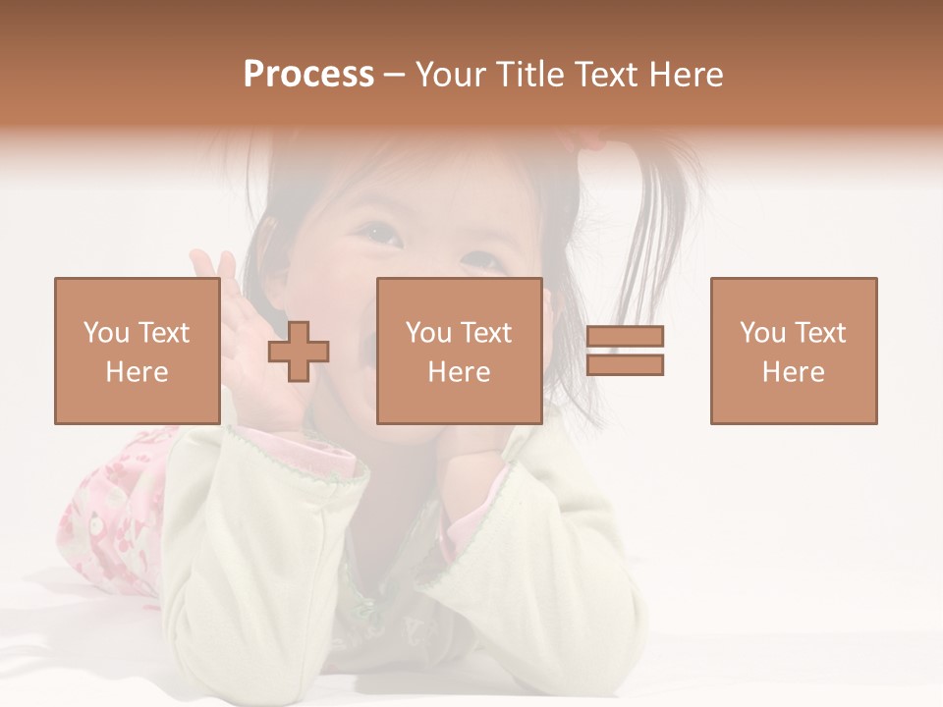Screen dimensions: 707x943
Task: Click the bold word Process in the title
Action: (x=308, y=75)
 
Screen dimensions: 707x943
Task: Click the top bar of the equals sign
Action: (x=625, y=337)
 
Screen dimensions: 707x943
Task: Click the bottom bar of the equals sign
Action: (x=625, y=365)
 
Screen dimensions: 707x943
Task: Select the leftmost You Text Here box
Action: (x=137, y=351)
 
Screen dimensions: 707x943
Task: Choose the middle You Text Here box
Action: (x=459, y=351)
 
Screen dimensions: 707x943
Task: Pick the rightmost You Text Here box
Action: (x=793, y=351)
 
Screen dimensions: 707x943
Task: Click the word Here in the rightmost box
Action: (x=793, y=372)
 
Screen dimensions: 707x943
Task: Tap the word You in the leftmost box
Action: (x=104, y=332)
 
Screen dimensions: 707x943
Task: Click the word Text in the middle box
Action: (x=486, y=332)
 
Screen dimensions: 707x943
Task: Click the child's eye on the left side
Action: (x=379, y=233)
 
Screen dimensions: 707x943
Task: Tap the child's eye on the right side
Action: (x=480, y=263)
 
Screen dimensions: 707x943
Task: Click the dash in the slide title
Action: (x=394, y=75)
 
